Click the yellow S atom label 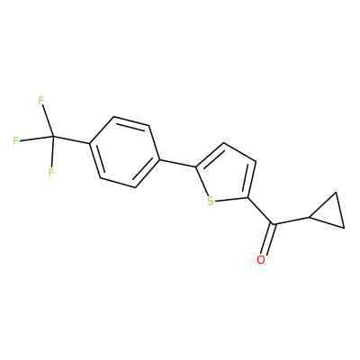pos(211,202)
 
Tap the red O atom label pos(261,260)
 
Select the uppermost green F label pos(41,101)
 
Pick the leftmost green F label pos(16,140)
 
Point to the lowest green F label pos(50,173)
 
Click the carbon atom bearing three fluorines pos(53,137)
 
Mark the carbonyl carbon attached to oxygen pos(273,224)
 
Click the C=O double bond pos(267,239)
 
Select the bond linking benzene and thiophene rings pos(177,163)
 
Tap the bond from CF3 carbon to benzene pos(71,140)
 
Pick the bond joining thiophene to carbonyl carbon pos(260,211)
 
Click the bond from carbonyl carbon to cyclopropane pos(291,220)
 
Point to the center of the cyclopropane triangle pos(329,212)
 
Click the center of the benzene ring pos(124,152)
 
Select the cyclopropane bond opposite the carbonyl pos(340,210)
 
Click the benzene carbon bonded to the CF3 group pos(90,143)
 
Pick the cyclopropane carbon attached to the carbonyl pos(310,217)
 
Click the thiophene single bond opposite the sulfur pos(239,152)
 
